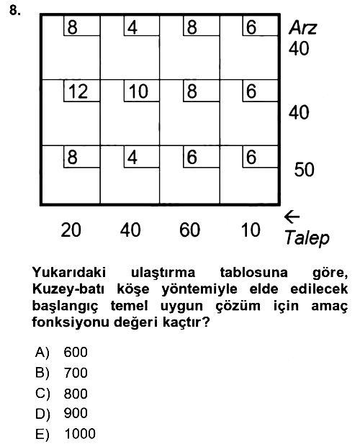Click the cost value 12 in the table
pyautogui.click(x=78, y=91)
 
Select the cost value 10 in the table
pyautogui.click(x=138, y=91)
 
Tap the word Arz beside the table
pyautogui.click(x=303, y=28)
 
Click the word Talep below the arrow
pyautogui.click(x=307, y=238)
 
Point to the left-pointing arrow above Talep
pyautogui.click(x=292, y=217)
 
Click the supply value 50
pyautogui.click(x=305, y=170)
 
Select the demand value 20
pyautogui.click(x=71, y=230)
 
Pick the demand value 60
pyautogui.click(x=190, y=230)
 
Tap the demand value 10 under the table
pyautogui.click(x=251, y=230)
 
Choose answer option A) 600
pyautogui.click(x=61, y=353)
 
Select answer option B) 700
pyautogui.click(x=61, y=373)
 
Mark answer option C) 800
pyautogui.click(x=61, y=394)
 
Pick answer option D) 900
pyautogui.click(x=61, y=414)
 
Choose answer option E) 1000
pyautogui.click(x=66, y=434)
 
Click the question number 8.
pyautogui.click(x=15, y=11)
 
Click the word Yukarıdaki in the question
pyautogui.click(x=69, y=273)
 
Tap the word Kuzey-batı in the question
pyautogui.click(x=68, y=289)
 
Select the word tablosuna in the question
pyautogui.click(x=253, y=273)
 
